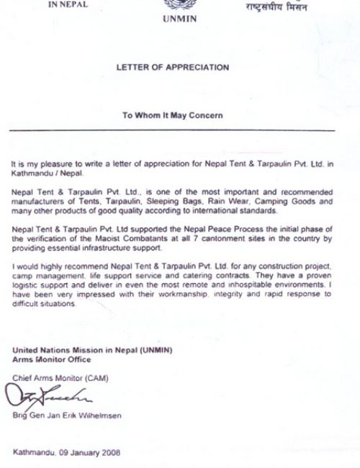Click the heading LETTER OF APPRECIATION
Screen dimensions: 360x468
172,67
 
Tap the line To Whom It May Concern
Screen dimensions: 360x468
172,115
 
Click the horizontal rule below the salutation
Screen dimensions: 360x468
172,130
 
